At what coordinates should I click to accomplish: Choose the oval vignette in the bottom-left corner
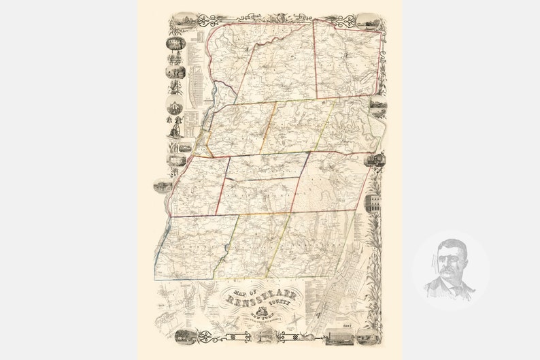pyautogui.click(x=184, y=336)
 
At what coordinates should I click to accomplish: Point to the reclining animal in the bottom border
pyautogui.click(x=304, y=337)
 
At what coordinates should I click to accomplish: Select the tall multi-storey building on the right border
pyautogui.click(x=373, y=205)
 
